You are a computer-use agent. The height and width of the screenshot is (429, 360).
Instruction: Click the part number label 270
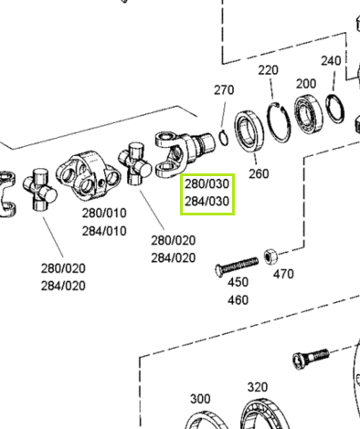224,90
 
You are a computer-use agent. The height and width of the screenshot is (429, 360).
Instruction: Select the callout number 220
269,70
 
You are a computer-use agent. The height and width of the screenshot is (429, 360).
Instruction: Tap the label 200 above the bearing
306,83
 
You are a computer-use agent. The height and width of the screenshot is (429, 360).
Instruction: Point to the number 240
331,60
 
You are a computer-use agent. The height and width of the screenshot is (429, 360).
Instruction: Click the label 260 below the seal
259,173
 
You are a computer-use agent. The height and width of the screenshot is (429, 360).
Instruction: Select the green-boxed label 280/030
206,183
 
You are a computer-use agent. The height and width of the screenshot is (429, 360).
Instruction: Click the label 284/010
104,231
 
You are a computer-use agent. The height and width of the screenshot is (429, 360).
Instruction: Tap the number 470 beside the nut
283,274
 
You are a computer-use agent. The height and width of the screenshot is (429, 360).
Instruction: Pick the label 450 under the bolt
238,282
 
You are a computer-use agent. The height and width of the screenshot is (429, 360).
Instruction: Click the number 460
238,300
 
